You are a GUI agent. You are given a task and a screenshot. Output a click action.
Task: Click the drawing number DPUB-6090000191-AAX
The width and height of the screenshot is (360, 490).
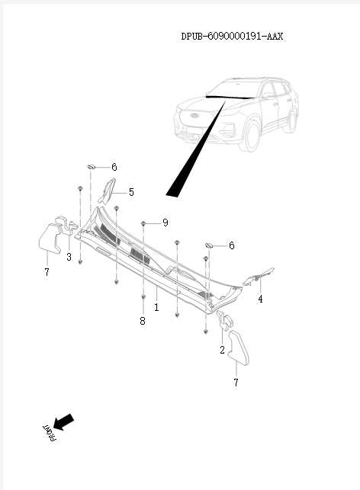[232, 36]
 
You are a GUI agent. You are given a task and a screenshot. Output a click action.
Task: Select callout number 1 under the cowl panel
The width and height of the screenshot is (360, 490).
[156, 308]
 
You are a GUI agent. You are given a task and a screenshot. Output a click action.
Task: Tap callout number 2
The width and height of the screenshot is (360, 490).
[222, 350]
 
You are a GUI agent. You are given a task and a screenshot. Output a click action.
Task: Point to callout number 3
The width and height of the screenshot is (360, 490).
[69, 258]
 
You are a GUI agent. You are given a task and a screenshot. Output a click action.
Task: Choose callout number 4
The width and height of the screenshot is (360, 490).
[260, 299]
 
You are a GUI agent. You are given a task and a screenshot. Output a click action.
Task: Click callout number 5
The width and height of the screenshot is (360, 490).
[131, 193]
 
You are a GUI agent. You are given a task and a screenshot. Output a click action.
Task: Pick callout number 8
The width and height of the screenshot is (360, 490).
[143, 322]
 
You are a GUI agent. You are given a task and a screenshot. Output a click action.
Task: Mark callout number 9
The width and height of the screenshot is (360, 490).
[165, 223]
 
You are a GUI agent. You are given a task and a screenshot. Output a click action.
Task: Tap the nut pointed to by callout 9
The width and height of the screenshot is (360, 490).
[143, 223]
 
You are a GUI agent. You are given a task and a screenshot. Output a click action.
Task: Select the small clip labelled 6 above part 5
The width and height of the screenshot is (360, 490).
[91, 165]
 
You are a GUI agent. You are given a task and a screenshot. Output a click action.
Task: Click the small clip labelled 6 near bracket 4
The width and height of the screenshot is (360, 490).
[207, 245]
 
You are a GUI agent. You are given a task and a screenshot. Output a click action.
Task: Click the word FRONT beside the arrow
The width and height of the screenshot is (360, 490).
[48, 433]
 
